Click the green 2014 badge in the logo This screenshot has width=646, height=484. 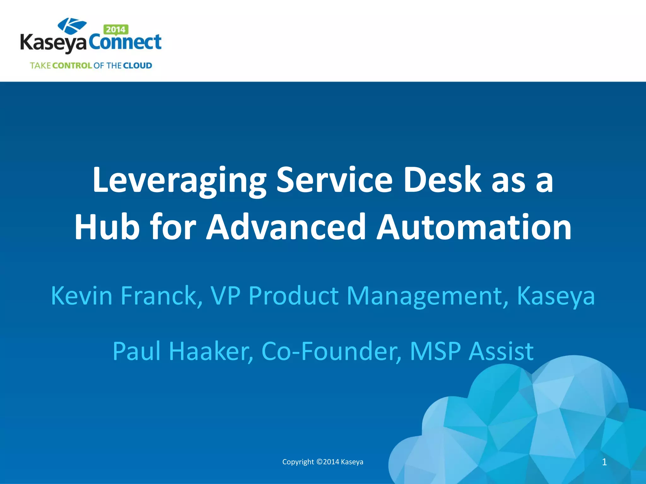116,30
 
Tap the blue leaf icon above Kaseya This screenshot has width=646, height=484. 72,25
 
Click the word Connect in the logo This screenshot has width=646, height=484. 125,43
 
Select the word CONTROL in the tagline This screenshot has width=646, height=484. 72,66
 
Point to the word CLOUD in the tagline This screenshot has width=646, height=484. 138,66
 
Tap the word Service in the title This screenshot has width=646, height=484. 335,180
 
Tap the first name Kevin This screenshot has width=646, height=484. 82,296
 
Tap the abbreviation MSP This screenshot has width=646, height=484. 435,351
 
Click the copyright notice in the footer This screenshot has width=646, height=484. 323,462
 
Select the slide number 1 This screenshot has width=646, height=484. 604,462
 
